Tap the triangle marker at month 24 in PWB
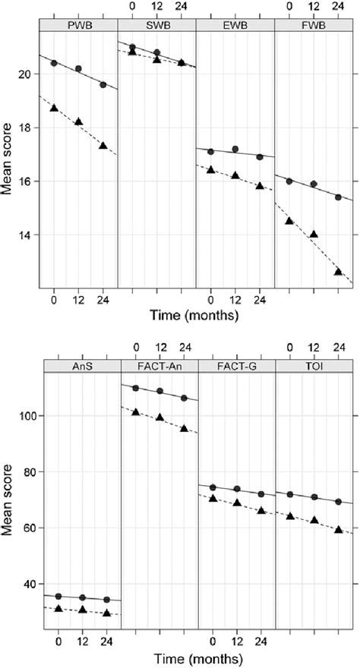[x=103, y=146]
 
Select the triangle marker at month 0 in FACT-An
[x=135, y=412]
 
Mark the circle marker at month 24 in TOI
[x=338, y=502]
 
